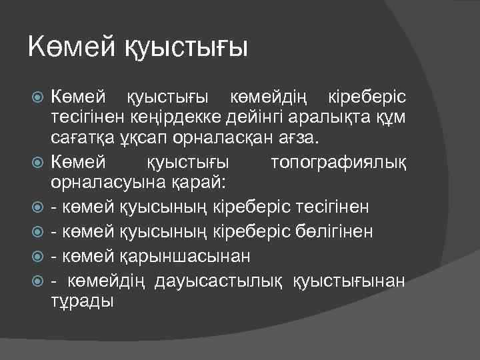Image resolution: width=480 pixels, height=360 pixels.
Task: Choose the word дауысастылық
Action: click(x=221, y=279)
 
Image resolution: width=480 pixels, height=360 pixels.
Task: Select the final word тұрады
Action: click(x=82, y=300)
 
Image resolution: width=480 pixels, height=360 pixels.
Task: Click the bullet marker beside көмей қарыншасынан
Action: click(x=38, y=255)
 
